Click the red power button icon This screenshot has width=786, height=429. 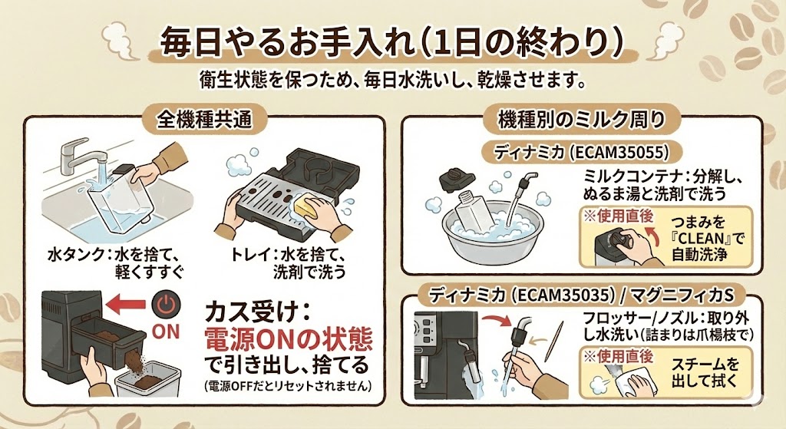click(x=165, y=305)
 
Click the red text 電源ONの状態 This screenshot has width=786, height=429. click(x=287, y=338)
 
